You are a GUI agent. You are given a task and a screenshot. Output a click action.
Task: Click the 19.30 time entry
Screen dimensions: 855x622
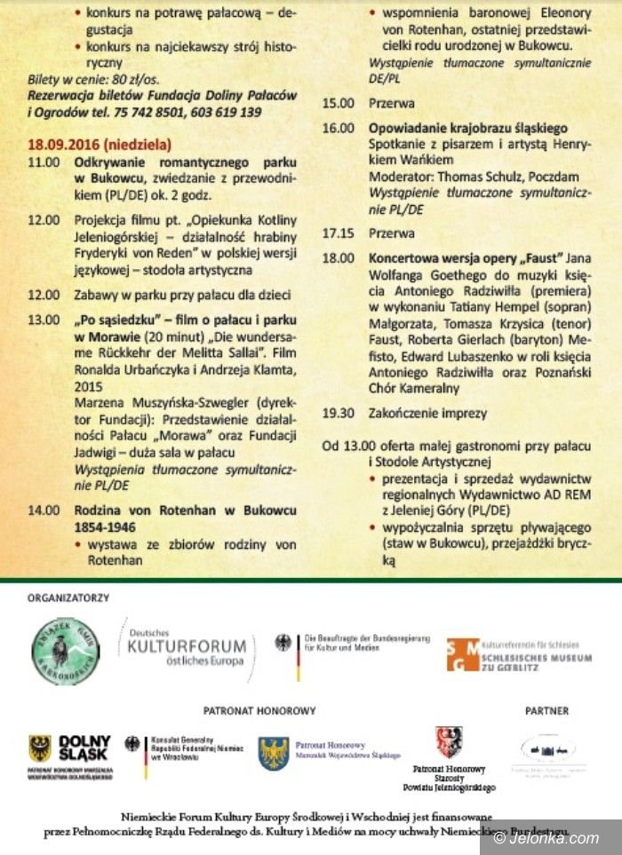point(339,413)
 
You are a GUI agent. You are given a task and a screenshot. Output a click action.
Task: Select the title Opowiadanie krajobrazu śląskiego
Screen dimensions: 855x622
point(468,128)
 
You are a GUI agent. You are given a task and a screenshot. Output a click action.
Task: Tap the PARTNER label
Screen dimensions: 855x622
point(547,711)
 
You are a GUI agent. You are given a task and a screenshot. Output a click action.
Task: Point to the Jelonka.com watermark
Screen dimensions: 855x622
point(554,838)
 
